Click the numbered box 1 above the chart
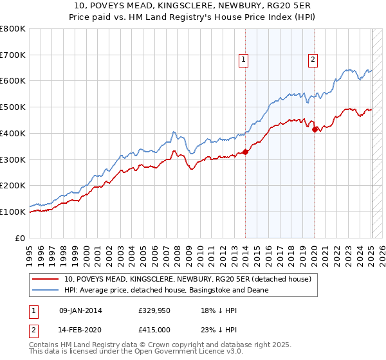[x=244, y=60]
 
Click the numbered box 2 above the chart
[x=313, y=60]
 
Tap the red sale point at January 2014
[x=245, y=152]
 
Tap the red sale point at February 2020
[x=315, y=129]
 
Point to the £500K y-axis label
[x=13, y=107]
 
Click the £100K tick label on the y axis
[x=13, y=212]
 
